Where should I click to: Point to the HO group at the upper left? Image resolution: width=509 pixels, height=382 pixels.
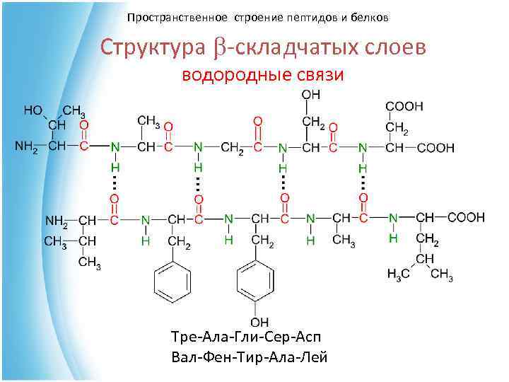click(33, 110)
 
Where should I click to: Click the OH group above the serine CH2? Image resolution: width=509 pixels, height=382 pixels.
click(310, 94)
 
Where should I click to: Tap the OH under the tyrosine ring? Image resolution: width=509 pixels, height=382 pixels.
click(260, 323)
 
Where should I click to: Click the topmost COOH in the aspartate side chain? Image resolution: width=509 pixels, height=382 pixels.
click(404, 106)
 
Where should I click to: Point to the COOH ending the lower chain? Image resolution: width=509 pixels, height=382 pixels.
click(470, 217)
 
